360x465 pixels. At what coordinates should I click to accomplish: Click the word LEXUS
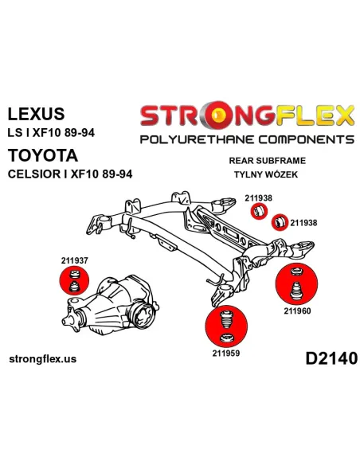[36, 114]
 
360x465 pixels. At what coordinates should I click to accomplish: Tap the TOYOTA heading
[43, 155]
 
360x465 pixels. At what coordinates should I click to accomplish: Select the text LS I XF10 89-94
[51, 132]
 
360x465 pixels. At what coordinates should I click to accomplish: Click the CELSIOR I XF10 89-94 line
[70, 174]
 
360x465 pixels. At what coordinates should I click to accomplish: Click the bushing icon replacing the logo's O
[220, 115]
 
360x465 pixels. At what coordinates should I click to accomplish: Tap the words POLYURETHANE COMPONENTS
[247, 139]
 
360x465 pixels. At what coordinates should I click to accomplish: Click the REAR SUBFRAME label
[267, 161]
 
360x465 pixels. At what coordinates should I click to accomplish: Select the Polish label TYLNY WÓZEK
[266, 174]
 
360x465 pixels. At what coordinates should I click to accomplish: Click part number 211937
[74, 260]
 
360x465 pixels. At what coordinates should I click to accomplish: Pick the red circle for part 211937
[74, 281]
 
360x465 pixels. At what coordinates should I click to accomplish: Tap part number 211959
[225, 354]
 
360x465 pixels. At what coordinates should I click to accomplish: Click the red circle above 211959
[226, 326]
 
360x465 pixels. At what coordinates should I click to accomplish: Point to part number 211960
[297, 311]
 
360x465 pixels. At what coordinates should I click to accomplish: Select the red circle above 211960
[296, 283]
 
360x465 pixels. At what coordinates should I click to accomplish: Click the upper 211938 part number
[258, 198]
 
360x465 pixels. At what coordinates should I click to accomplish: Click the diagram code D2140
[331, 358]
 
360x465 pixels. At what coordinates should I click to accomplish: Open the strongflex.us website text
[43, 359]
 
